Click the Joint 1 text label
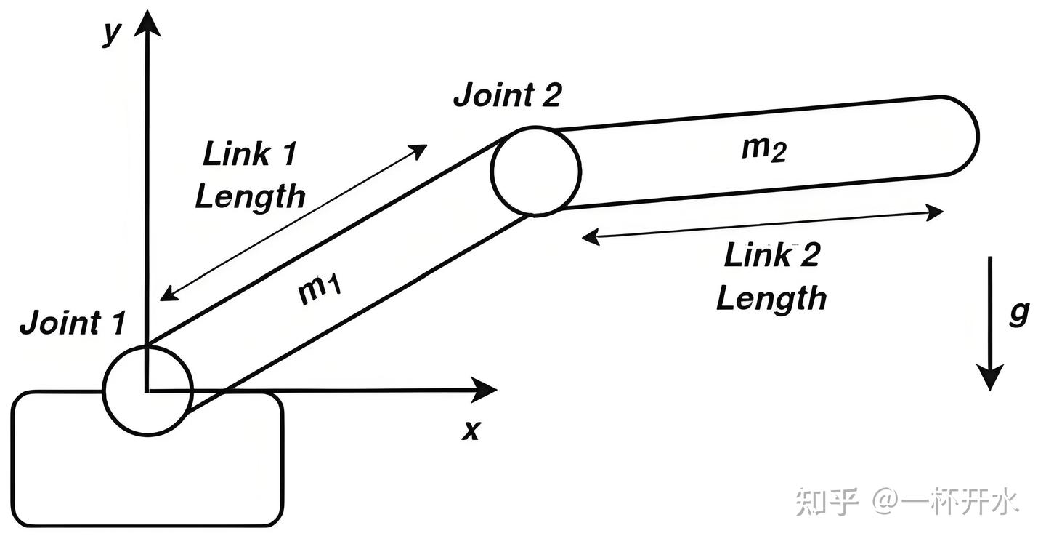point(73,322)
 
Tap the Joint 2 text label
point(507,95)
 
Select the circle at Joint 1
point(148,391)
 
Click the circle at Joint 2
point(535,171)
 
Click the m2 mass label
point(763,149)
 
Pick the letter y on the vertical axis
point(111,33)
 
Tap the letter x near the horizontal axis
point(471,430)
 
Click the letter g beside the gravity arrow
point(1020,313)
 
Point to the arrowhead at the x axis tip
point(483,391)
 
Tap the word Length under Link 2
point(771,298)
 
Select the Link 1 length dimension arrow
point(293,222)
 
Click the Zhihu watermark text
point(907,502)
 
